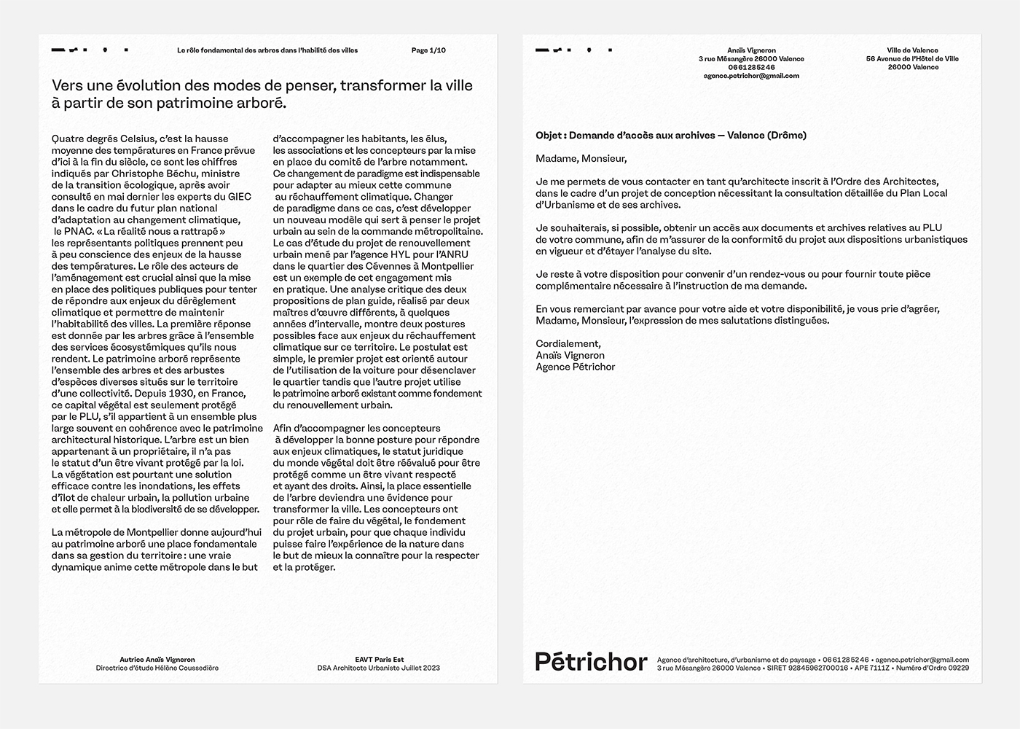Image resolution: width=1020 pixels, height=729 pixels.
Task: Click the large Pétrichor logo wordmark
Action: click(591, 662)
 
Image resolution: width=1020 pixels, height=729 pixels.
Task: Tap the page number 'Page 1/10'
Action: click(428, 50)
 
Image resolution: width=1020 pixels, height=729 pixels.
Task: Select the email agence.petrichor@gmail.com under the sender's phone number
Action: click(751, 76)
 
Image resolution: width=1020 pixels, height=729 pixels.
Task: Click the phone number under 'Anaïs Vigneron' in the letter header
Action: click(751, 67)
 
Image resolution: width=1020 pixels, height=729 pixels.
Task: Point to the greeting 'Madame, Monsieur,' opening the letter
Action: click(581, 158)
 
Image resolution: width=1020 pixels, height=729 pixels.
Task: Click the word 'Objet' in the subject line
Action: click(549, 135)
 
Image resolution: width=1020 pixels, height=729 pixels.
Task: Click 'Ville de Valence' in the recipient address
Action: click(912, 50)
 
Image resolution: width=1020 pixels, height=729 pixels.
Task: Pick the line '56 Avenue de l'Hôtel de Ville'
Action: click(912, 59)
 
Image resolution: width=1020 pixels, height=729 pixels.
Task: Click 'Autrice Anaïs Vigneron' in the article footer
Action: click(157, 660)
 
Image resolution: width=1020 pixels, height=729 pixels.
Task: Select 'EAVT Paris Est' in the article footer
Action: click(379, 660)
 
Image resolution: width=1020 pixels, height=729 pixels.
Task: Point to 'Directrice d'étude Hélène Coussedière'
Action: click(157, 668)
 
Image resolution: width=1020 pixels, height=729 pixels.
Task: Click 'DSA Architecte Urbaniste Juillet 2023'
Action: click(379, 668)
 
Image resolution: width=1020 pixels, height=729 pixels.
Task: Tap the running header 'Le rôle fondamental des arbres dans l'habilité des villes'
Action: click(267, 50)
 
